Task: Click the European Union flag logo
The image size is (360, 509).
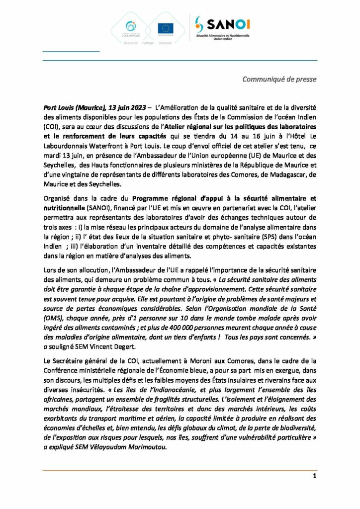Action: point(165,28)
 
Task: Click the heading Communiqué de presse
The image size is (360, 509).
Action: point(279,79)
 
